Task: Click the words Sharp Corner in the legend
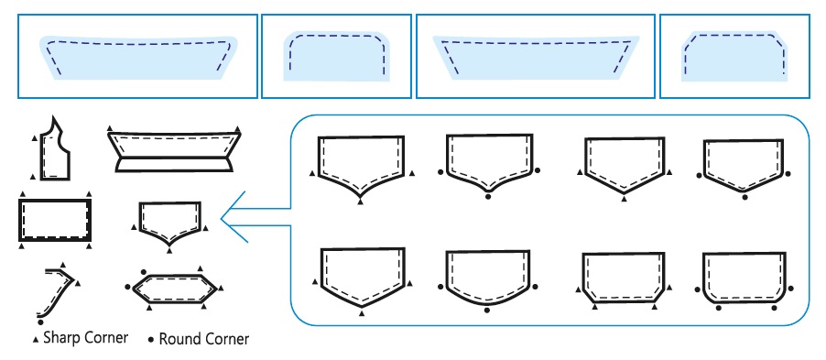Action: (x=85, y=337)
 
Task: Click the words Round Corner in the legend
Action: (x=204, y=339)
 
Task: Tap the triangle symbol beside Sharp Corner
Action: (x=36, y=340)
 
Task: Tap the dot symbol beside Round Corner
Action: (x=151, y=340)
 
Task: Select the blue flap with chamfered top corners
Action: (x=734, y=57)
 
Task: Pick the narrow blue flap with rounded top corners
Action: (x=337, y=57)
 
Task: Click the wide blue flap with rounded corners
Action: (x=138, y=58)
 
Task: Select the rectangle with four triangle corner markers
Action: (x=55, y=220)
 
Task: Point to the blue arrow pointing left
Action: (x=255, y=216)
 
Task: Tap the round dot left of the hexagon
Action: (x=128, y=287)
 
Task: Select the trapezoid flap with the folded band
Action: (x=174, y=151)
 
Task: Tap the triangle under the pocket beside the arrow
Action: (x=169, y=251)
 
